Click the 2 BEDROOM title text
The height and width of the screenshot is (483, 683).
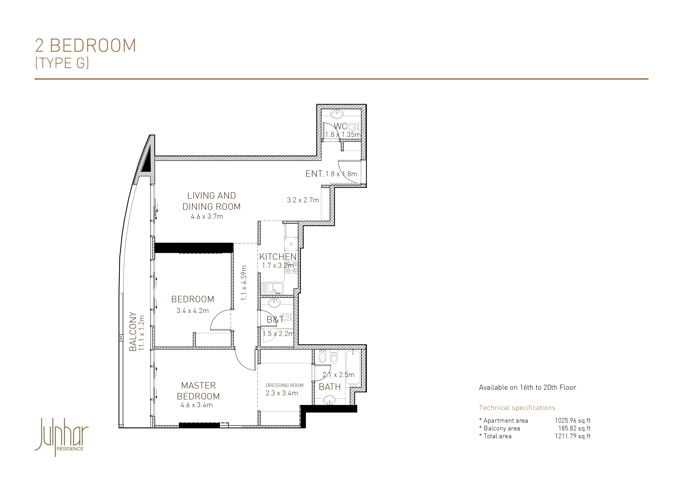(86, 46)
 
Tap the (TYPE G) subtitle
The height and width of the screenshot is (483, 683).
(62, 63)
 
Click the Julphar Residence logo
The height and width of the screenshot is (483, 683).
(62, 437)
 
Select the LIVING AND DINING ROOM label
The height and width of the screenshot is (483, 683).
(211, 201)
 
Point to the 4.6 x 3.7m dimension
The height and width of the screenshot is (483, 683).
(207, 217)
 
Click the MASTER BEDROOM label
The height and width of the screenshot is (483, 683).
(198, 391)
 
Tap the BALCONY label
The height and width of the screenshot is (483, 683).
(133, 331)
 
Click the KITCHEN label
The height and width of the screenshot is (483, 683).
(278, 256)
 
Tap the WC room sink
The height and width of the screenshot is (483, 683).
(337, 114)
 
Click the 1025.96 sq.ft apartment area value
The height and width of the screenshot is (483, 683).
(573, 420)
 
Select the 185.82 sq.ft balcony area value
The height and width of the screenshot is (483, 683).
(574, 428)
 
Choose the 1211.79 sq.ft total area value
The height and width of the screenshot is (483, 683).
(573, 436)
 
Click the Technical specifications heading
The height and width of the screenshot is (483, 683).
(517, 408)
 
